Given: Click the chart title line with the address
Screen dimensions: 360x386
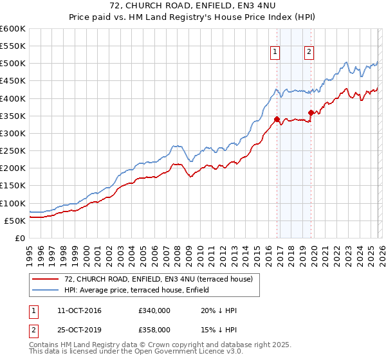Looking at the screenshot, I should coord(192,6).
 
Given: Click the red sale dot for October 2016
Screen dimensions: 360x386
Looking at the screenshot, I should coord(277,119).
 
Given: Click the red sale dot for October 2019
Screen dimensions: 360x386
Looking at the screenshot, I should coord(311,113).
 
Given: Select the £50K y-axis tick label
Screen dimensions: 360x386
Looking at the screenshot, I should coord(15,221).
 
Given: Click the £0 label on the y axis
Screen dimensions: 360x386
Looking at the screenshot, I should coord(19,238).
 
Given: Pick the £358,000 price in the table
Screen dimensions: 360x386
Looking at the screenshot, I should coord(154,329).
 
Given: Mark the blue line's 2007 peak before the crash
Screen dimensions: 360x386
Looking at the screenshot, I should coord(174,146).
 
